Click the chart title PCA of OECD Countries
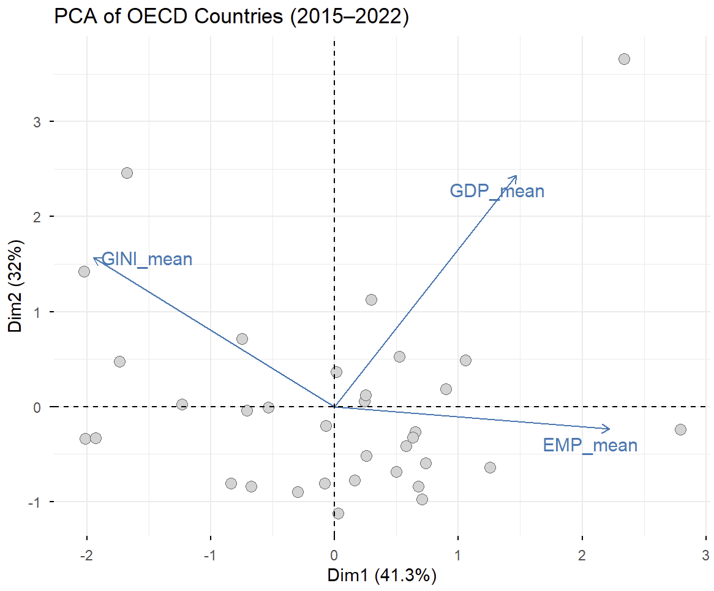tap(231, 17)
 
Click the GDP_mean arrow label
tap(497, 191)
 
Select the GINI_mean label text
tap(147, 260)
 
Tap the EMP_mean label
tap(590, 445)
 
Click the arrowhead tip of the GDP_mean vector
tap(517, 176)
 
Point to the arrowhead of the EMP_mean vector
tap(609, 429)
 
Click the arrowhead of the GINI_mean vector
tap(94, 258)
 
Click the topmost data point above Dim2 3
tap(624, 59)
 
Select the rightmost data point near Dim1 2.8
tap(680, 429)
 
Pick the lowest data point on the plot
tap(338, 513)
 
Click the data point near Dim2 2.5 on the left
tap(127, 173)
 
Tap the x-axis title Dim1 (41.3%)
tap(381, 576)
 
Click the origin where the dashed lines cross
tap(334, 407)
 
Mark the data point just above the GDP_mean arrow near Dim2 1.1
tap(371, 299)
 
